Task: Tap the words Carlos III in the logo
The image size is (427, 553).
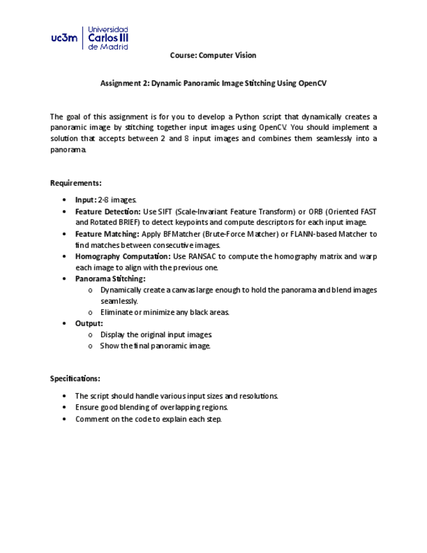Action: click(x=108, y=38)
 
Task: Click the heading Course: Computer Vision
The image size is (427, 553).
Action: click(x=213, y=55)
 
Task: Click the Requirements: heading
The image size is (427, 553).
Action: click(x=76, y=183)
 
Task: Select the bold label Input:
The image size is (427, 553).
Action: click(x=85, y=200)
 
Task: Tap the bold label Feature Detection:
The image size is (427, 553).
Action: click(x=108, y=212)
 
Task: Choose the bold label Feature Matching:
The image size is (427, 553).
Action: click(x=107, y=234)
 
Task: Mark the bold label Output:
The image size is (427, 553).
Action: click(x=89, y=323)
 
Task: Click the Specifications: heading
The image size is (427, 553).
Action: click(x=76, y=379)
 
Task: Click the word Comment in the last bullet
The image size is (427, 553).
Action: click(x=90, y=419)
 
